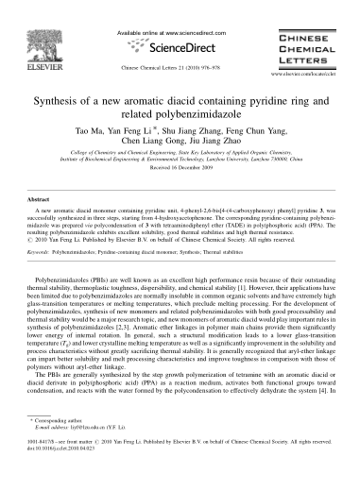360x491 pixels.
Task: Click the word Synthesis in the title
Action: (66, 101)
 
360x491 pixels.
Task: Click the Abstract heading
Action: (37, 226)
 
